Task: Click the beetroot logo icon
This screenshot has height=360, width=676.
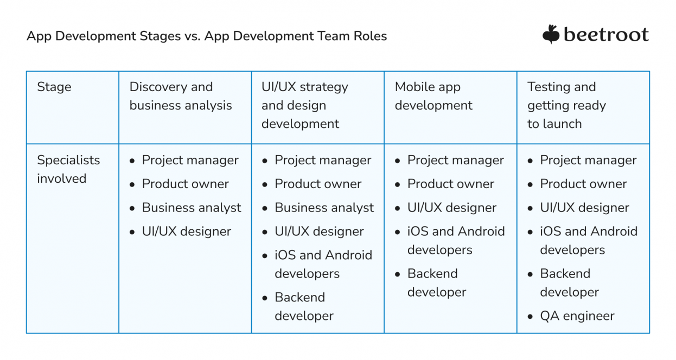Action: pos(551,34)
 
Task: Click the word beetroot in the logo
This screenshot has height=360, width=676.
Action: pos(606,35)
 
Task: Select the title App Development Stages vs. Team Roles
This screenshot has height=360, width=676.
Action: pos(207,36)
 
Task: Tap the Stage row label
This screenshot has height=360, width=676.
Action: pos(54,87)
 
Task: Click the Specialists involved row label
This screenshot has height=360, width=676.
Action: pos(68,169)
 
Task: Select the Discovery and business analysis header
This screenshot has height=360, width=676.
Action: pos(181,96)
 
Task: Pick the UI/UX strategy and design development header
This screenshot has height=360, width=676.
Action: pos(305,105)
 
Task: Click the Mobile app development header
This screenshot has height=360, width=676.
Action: pos(433,96)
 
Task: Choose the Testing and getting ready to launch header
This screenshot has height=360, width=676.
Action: pos(566,105)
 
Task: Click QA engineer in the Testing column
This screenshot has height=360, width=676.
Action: pos(577,316)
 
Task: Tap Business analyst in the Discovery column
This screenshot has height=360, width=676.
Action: pos(192,208)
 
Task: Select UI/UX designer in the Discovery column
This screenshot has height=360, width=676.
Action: pos(187,232)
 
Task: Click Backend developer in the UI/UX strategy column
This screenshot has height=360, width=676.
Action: pos(304,306)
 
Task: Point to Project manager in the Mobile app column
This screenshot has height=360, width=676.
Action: pos(456,160)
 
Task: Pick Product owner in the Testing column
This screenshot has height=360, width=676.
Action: pos(583,184)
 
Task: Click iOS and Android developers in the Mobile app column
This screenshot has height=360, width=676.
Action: pos(456,240)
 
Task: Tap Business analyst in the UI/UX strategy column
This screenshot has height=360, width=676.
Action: pos(324,208)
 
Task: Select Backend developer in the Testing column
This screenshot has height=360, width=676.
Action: pos(569,282)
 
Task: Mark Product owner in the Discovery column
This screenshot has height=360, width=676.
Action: pos(186,184)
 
